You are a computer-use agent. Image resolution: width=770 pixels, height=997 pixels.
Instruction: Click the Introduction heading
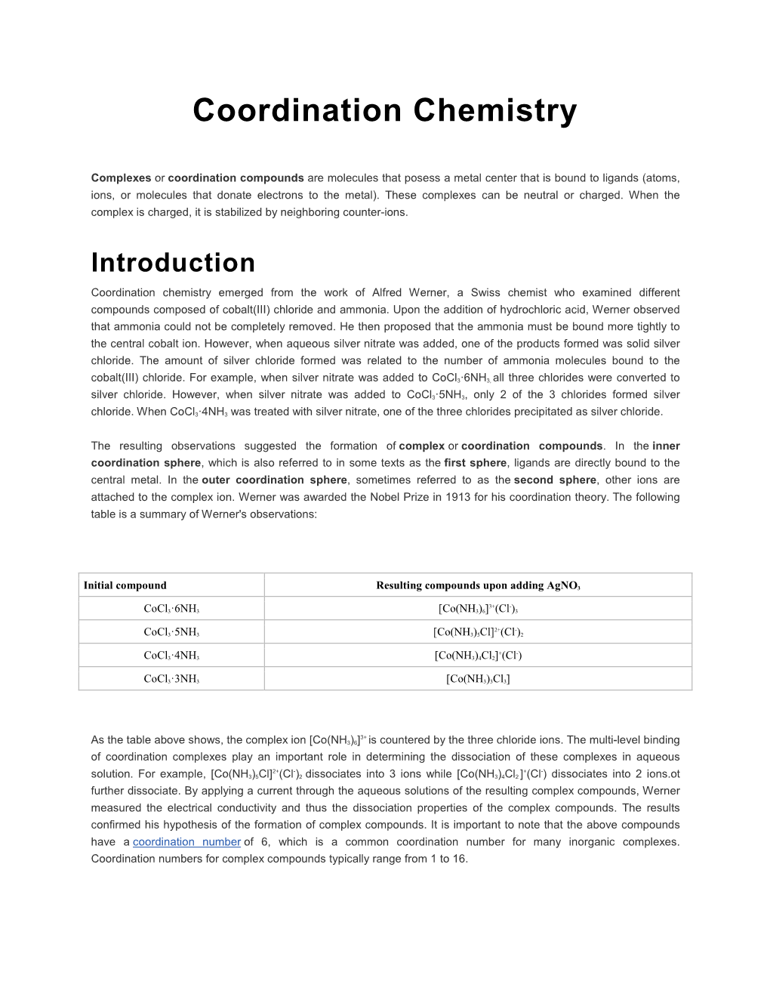point(173,263)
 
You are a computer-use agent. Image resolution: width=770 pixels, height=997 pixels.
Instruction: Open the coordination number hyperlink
point(186,842)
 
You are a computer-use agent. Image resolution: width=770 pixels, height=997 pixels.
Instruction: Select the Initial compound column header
point(125,585)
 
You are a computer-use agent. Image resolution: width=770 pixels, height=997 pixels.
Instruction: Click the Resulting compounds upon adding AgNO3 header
point(478,585)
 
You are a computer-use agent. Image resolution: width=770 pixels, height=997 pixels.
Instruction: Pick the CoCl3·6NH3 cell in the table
point(171,609)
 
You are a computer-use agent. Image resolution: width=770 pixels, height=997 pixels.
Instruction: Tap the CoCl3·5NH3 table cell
point(171,632)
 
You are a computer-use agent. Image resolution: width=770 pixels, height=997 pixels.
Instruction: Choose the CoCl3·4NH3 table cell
point(171,656)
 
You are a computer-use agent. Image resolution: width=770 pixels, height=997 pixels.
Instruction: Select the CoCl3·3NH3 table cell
point(171,679)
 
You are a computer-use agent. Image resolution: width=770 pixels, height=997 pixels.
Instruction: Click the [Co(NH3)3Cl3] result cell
point(478,679)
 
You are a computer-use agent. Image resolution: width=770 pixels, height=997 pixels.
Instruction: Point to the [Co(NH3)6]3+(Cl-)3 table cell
point(478,609)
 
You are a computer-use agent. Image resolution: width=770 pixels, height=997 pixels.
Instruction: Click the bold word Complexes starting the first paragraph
point(121,178)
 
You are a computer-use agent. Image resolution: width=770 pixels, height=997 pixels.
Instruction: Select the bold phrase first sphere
point(476,463)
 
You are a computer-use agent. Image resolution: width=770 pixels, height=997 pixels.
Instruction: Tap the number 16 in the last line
point(460,859)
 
